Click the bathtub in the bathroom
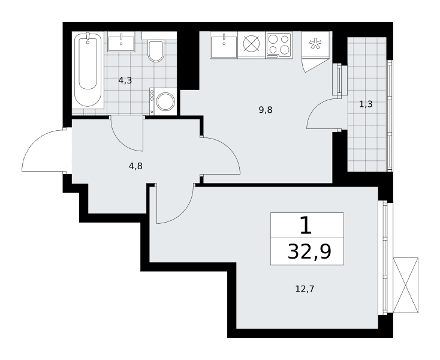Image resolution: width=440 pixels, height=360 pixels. pos(88,70)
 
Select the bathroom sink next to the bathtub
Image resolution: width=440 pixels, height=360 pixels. pos(121,41)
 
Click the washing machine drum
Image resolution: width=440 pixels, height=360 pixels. pos(165,101)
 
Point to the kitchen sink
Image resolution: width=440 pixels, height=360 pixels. pos(224,45)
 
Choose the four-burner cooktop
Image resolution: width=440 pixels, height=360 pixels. pos(279,45)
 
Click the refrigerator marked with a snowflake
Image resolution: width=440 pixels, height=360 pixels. pos(315,44)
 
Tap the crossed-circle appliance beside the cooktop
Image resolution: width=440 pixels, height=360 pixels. pos(251,44)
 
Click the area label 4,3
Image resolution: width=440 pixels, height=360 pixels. pos(125,81)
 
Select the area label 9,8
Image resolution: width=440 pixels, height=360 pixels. pos(266,110)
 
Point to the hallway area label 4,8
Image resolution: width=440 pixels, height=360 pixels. pos(135,166)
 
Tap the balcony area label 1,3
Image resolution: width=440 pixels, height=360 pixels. pos(366,104)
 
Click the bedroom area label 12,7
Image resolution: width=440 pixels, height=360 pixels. pos(305,289)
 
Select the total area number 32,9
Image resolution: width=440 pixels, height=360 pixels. pos(309,251)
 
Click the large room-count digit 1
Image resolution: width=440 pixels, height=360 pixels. pos(306,226)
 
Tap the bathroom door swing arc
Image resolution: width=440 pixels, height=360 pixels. pos(120,141)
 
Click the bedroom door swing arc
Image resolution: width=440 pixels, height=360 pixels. pos(183,214)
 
